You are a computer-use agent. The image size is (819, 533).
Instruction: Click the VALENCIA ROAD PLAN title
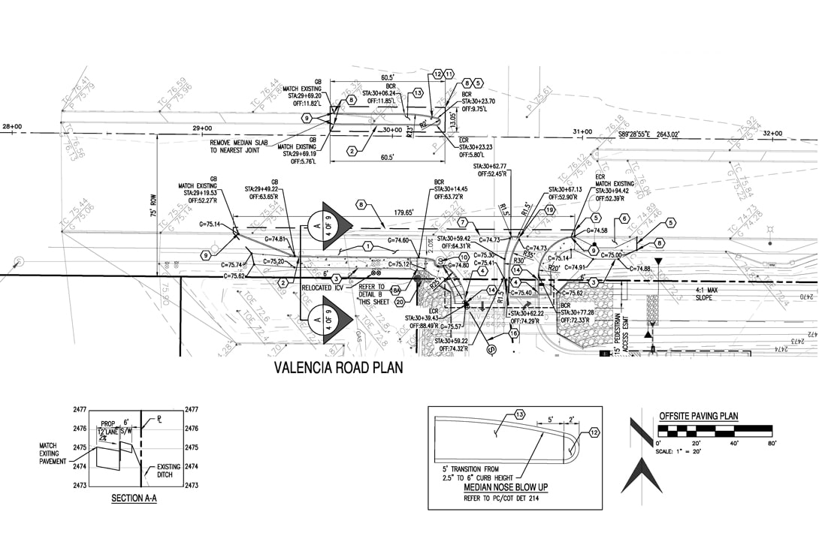point(338,368)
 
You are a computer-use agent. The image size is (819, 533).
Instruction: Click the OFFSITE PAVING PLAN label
point(698,416)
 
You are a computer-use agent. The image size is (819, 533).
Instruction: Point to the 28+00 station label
point(12,127)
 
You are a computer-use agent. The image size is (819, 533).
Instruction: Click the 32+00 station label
point(772,133)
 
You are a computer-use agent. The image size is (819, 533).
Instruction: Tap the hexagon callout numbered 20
point(400,301)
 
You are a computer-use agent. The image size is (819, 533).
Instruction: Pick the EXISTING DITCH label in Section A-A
point(168,471)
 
